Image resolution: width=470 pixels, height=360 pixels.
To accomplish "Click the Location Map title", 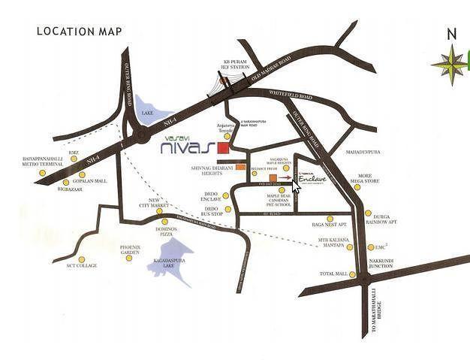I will (x=79, y=32).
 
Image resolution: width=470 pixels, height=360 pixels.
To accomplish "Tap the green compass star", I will (x=450, y=64).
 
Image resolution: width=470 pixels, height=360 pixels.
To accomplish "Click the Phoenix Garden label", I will (x=130, y=249).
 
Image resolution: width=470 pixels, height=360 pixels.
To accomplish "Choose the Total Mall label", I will (x=333, y=274).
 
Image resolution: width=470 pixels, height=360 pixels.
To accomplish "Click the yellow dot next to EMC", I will (x=371, y=247).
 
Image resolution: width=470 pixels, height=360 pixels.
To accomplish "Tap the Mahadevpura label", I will (x=363, y=152).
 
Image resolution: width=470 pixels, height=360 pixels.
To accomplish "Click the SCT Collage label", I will (x=81, y=265).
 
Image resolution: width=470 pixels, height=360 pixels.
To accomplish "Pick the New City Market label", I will (x=150, y=203).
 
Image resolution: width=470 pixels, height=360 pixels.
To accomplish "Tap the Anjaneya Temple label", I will (x=226, y=127).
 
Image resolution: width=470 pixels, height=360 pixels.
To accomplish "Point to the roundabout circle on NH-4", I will (x=141, y=136).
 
